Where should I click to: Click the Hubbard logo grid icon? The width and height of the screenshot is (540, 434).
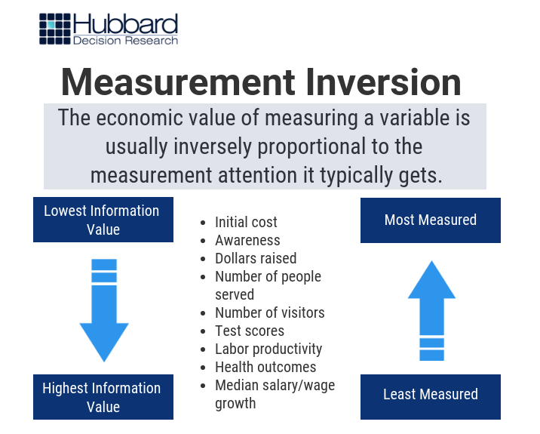point(55,29)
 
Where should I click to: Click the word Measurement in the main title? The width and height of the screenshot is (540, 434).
point(178,82)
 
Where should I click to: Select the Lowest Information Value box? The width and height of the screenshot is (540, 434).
point(103,220)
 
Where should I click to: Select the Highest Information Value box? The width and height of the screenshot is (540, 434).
point(103,397)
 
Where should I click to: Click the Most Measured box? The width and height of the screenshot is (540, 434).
point(431,220)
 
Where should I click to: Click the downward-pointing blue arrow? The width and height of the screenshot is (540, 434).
point(104,310)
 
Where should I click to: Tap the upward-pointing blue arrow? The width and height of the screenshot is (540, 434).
point(432,310)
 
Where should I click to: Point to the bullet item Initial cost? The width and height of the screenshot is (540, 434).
point(246,222)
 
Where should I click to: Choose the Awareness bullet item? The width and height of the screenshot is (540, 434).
point(247,240)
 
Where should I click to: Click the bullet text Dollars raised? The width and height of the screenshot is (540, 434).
point(256,258)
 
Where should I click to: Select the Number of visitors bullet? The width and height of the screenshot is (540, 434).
point(270,312)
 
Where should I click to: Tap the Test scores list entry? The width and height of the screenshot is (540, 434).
point(250,331)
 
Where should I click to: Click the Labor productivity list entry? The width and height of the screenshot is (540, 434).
point(268,349)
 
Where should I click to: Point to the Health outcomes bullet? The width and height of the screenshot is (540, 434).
point(265,367)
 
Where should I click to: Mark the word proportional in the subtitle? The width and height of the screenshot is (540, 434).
point(311,147)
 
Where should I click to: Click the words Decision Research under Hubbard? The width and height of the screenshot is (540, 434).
point(125,41)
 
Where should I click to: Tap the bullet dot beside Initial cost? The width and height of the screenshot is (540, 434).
point(203,223)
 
